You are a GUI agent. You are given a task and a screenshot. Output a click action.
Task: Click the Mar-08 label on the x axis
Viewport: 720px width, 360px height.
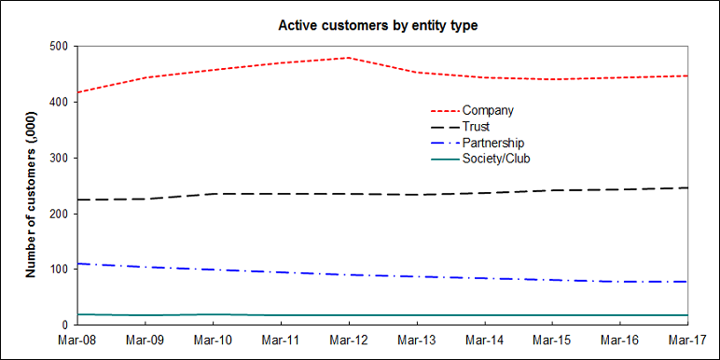pyautogui.click(x=77, y=339)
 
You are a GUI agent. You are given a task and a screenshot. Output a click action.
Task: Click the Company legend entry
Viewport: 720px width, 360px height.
pyautogui.click(x=494, y=111)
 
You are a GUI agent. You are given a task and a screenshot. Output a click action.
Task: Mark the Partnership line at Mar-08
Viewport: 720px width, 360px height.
pyautogui.click(x=78, y=264)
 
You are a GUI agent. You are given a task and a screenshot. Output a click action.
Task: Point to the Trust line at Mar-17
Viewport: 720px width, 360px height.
pyautogui.click(x=687, y=187)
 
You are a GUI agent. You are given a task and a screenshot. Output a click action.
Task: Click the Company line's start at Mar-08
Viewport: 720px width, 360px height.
pyautogui.click(x=78, y=92)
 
